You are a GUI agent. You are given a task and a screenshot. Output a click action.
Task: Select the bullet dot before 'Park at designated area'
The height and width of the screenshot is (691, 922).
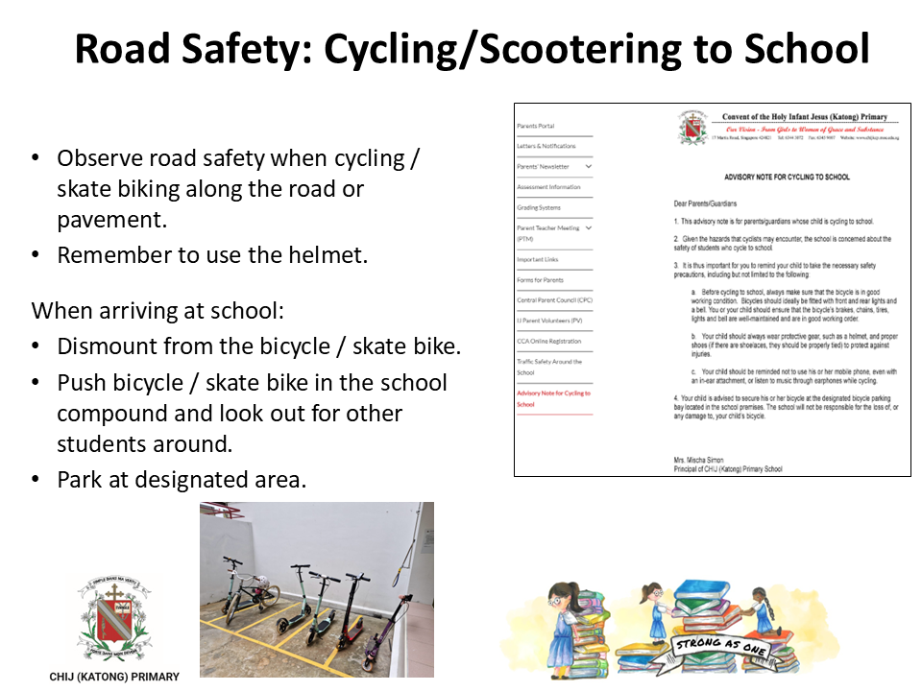pos(36,479)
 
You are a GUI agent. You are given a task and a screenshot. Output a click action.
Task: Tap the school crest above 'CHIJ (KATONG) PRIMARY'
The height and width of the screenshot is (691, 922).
pos(114,615)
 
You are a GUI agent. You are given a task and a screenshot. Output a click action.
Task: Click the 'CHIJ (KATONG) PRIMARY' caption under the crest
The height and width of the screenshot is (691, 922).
pos(114,677)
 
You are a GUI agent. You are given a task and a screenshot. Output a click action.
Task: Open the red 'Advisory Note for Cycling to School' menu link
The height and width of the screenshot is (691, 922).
pos(553,398)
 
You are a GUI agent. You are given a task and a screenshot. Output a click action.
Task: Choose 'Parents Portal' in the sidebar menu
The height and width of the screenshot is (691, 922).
pos(536,127)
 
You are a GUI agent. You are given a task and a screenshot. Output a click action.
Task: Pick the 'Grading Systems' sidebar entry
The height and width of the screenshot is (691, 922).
pos(539,207)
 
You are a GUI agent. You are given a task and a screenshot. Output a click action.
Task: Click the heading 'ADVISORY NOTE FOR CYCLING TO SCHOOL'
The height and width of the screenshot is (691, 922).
pos(786,178)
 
